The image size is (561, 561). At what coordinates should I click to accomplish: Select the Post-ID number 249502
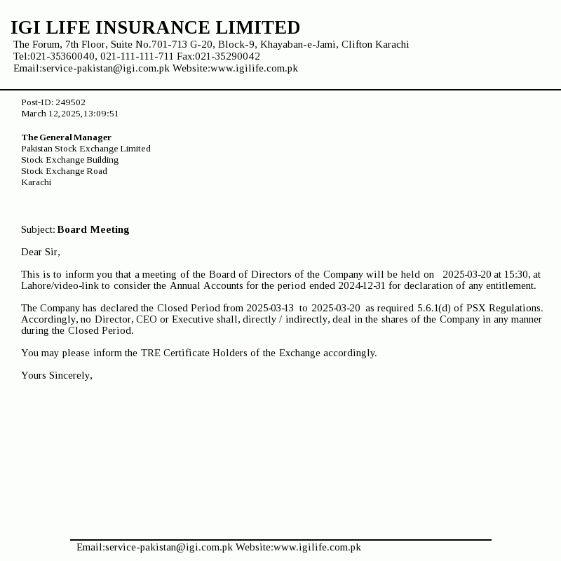[70, 102]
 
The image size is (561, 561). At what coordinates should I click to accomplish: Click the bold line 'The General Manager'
[66, 137]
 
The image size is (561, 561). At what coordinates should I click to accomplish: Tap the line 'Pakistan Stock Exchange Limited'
[86, 149]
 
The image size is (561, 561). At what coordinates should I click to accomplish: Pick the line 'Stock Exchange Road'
[64, 171]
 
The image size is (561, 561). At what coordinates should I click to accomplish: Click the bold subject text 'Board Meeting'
[93, 229]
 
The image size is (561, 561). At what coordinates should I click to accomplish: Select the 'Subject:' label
[38, 229]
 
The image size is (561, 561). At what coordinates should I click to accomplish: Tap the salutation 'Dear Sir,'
[41, 252]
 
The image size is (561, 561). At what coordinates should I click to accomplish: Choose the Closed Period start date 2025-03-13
[270, 308]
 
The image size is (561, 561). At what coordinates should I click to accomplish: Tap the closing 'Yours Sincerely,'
[57, 375]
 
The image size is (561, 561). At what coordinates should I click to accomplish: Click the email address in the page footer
[154, 547]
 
